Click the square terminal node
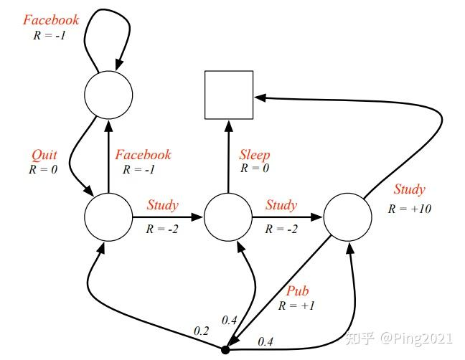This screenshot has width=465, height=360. [229, 95]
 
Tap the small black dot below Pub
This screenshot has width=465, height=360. [225, 350]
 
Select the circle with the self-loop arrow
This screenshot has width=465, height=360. [108, 95]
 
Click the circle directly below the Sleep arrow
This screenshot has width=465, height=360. [228, 217]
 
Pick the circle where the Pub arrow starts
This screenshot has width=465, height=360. [348, 217]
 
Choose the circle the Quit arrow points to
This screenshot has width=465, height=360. [108, 217]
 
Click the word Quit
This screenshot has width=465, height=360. [44, 155]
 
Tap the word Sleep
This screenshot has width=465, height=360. [254, 155]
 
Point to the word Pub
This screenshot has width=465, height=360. [297, 291]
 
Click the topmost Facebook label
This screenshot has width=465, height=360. [50, 19]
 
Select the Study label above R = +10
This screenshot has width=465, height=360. [409, 190]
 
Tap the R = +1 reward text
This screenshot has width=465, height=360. [297, 305]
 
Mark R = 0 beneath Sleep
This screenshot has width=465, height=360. [254, 169]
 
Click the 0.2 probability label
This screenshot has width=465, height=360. [202, 331]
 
